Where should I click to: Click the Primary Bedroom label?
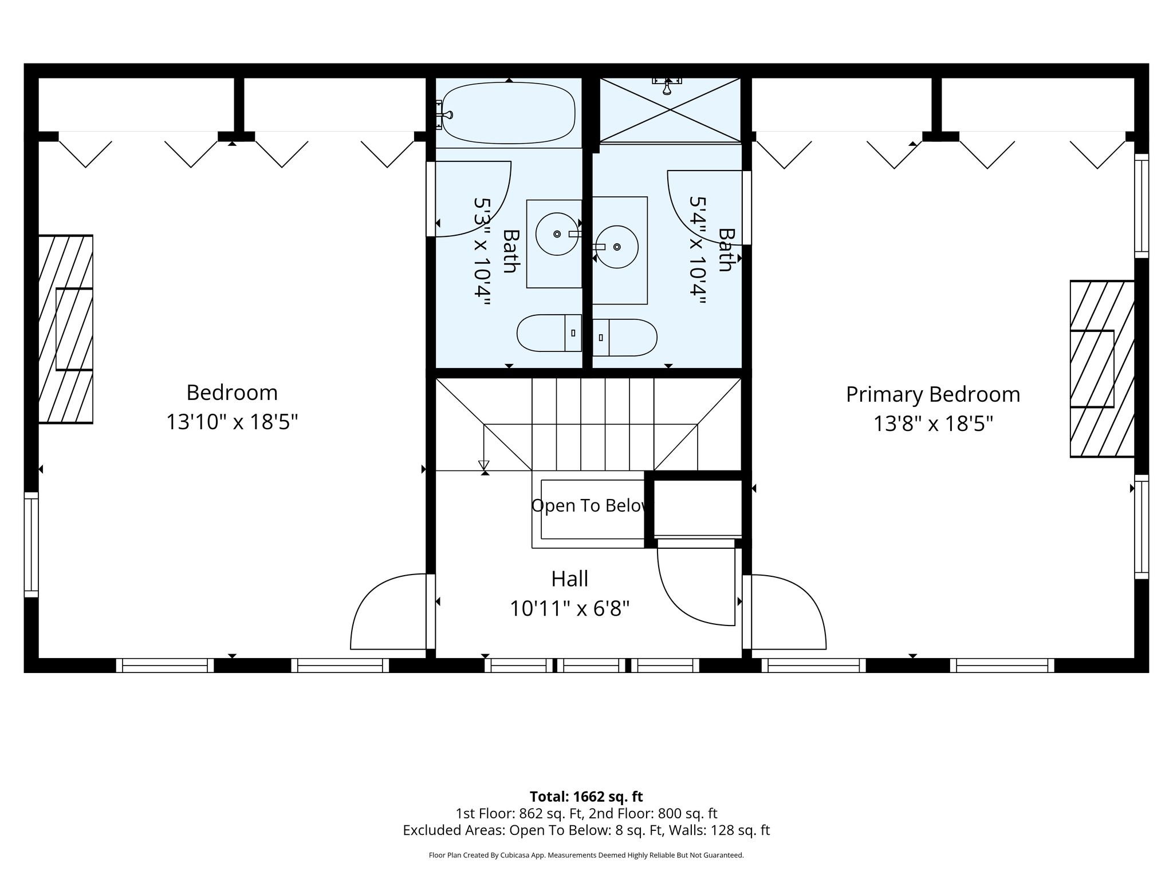[933, 395]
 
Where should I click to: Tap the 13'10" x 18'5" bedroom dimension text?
[232, 422]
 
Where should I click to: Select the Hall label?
[570, 579]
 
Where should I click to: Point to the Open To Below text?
[591, 506]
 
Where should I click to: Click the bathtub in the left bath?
[509, 113]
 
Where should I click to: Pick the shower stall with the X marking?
[670, 110]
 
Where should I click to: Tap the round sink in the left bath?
[557, 234]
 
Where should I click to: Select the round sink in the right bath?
[617, 247]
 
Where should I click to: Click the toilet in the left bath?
[549, 333]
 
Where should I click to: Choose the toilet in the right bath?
[624, 338]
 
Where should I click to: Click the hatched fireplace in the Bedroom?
[65, 329]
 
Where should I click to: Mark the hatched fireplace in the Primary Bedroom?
[1102, 369]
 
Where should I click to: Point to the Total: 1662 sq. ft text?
[586, 797]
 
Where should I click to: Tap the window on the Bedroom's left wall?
[31, 544]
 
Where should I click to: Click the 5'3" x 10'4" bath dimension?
[482, 252]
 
